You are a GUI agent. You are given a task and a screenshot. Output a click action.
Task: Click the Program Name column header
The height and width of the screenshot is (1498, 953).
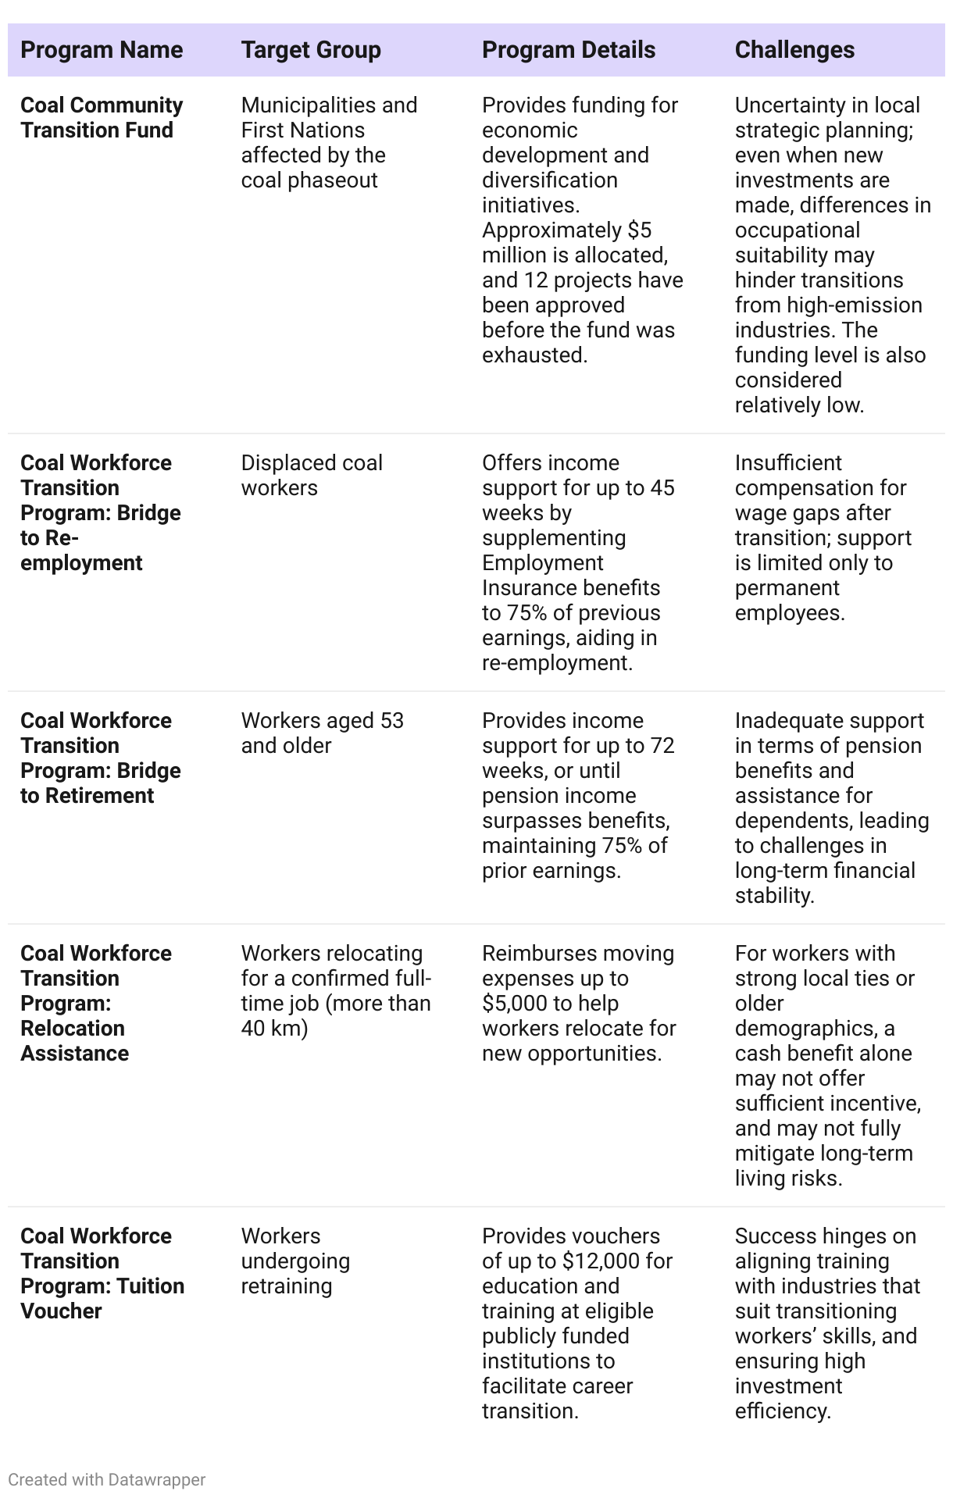(102, 50)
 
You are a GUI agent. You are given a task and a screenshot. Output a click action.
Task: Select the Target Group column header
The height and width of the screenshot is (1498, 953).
(311, 50)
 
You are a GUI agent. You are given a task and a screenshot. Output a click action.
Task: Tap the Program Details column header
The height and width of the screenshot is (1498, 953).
(569, 50)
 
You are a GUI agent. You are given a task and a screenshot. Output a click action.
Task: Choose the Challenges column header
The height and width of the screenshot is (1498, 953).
(794, 50)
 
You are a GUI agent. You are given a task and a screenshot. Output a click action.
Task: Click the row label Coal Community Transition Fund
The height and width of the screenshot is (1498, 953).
(102, 117)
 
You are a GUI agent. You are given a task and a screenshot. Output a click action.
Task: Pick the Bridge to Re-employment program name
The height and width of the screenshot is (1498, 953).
(100, 512)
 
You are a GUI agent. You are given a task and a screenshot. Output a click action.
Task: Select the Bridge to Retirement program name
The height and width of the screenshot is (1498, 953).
(100, 758)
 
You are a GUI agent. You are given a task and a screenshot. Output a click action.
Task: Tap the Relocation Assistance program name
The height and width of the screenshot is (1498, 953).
(95, 1003)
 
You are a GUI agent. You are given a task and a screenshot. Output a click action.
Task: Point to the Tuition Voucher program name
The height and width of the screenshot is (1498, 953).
(102, 1273)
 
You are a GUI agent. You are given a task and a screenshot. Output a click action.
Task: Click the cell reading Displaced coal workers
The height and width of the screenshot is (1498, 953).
(311, 475)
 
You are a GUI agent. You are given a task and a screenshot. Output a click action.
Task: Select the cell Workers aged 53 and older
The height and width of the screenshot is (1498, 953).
(322, 733)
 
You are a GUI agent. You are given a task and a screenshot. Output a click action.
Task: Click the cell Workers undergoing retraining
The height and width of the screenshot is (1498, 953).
(295, 1261)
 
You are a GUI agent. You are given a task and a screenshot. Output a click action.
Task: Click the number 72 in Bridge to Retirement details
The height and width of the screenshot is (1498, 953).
(662, 745)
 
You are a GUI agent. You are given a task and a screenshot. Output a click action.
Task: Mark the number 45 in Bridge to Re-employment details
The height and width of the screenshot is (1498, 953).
(662, 487)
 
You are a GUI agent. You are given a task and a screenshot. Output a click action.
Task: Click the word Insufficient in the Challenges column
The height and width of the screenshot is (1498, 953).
(787, 462)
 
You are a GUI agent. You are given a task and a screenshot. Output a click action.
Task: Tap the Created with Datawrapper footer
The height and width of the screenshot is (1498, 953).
(106, 1479)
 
